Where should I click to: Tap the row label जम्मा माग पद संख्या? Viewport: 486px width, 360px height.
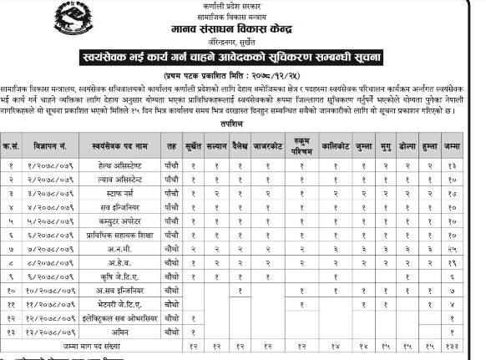pyautogui.click(x=96, y=345)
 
